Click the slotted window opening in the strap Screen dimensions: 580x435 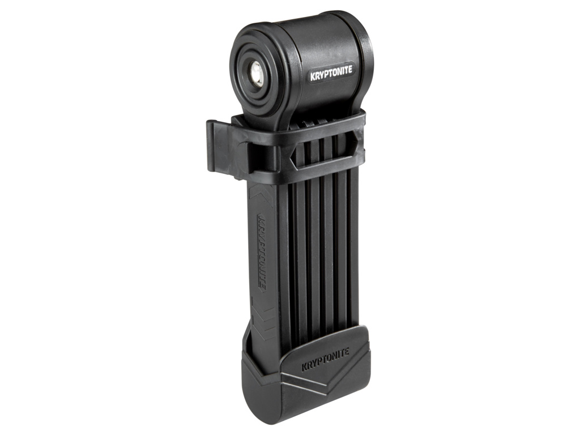pyautogui.click(x=325, y=152)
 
